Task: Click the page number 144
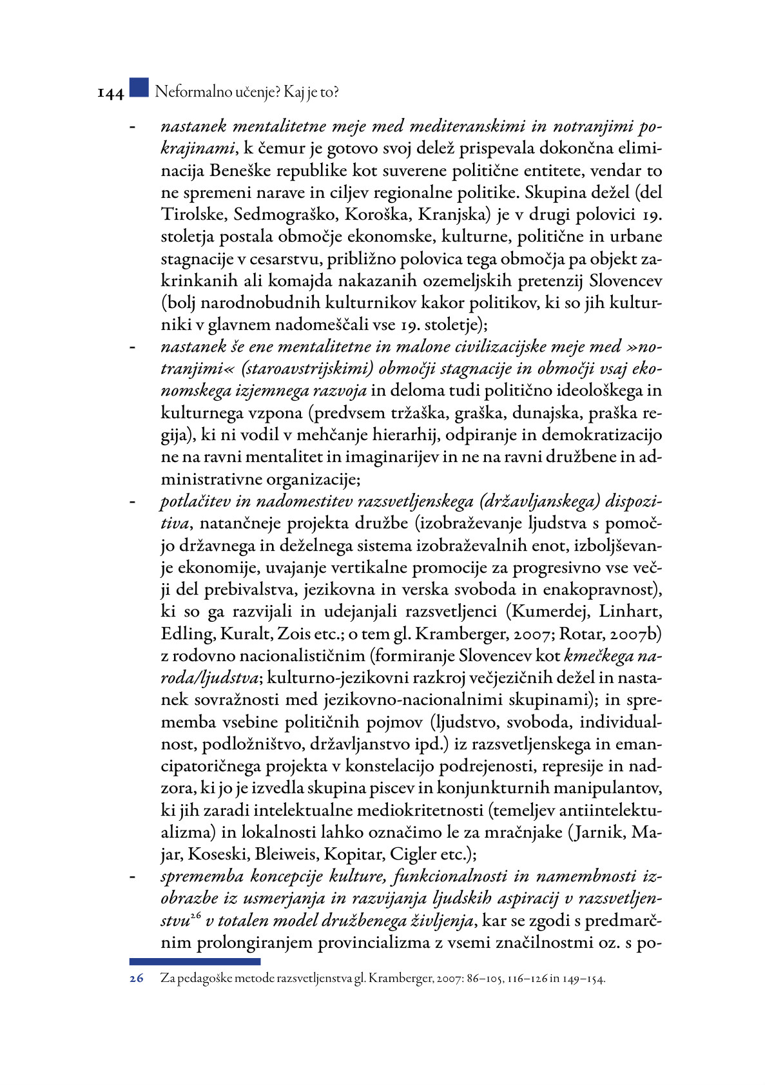coord(110,93)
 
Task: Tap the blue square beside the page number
coord(139,88)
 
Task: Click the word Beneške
coord(239,170)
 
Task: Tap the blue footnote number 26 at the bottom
coord(136,978)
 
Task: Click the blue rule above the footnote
coord(195,961)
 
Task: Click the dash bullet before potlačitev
coord(133,502)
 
